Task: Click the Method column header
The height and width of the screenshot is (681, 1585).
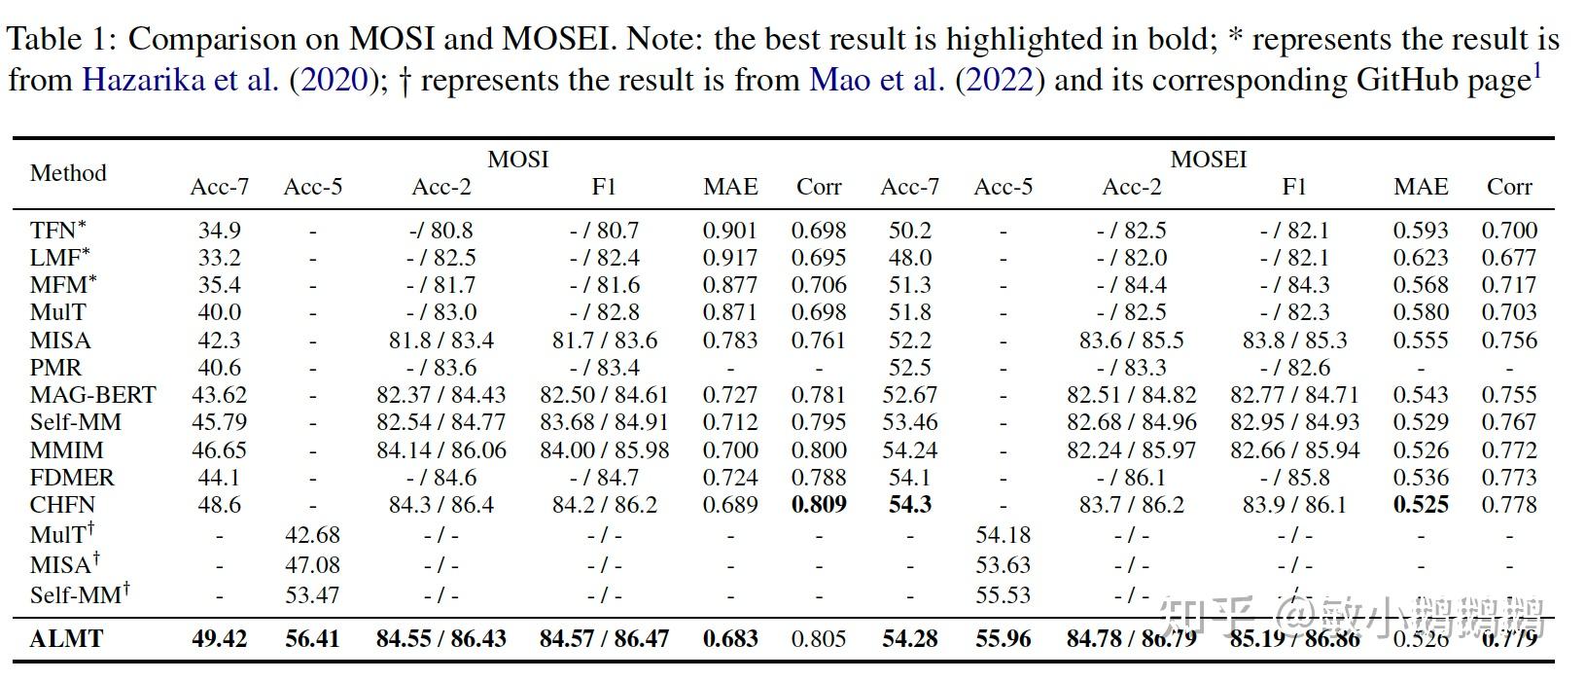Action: click(x=68, y=173)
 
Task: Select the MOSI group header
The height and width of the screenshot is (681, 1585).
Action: click(x=517, y=159)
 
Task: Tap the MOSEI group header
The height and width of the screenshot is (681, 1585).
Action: click(x=1208, y=159)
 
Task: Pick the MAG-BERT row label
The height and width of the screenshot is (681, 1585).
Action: click(x=92, y=395)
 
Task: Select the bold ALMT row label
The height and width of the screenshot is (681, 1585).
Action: click(x=66, y=639)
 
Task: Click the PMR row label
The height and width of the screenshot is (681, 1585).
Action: click(x=55, y=368)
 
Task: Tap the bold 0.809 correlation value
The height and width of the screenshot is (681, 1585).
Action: click(x=818, y=505)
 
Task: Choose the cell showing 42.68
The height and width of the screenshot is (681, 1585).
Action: click(x=312, y=535)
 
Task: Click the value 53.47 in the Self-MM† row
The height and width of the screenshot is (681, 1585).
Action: click(x=312, y=594)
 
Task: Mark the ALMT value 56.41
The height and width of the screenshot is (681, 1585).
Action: click(x=312, y=639)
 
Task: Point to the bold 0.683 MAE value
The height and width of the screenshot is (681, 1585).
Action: click(x=730, y=639)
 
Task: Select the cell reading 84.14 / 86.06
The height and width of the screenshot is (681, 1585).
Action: click(x=441, y=450)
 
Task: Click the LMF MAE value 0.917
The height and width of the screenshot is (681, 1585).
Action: click(x=730, y=258)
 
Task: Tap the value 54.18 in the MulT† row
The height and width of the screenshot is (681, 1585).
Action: click(x=1003, y=535)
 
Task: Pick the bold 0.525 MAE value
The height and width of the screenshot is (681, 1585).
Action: click(x=1420, y=505)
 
